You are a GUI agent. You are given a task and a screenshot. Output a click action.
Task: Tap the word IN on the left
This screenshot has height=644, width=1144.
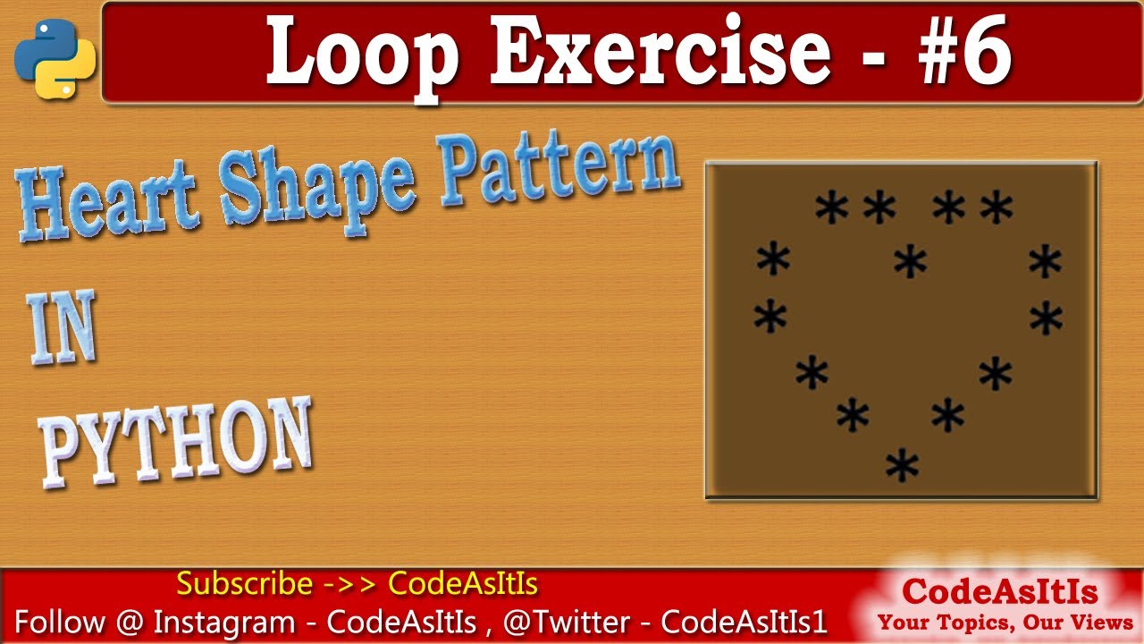[62, 330]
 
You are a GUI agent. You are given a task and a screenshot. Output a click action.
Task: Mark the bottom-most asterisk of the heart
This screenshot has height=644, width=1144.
[902, 466]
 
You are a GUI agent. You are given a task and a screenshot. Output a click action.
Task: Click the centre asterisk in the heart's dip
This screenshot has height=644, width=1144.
[910, 261]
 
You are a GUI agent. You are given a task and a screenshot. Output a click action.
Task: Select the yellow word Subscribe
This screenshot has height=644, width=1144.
[244, 584]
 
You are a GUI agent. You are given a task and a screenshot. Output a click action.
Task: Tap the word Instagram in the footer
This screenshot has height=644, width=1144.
[223, 623]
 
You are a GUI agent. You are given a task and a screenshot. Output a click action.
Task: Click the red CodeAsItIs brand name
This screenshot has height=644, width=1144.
[999, 591]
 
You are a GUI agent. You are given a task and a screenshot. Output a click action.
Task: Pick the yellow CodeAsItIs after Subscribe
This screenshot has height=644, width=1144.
[463, 584]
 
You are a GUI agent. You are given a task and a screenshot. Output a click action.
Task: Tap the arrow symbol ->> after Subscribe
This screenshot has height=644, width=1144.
[349, 584]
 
